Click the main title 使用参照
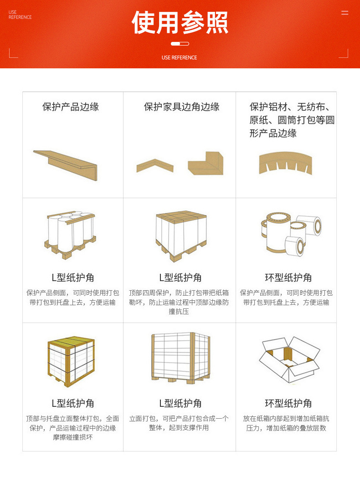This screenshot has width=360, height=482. (x=180, y=22)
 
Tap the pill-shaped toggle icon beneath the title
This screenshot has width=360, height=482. (x=180, y=44)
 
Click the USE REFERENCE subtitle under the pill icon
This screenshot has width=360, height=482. (x=180, y=57)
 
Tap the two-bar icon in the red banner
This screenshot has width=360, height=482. (x=345, y=13)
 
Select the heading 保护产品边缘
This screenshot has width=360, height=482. (x=71, y=107)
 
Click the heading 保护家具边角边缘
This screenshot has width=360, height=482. (x=181, y=107)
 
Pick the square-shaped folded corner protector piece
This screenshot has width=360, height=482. (x=206, y=163)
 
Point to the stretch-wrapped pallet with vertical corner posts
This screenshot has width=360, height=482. (x=180, y=358)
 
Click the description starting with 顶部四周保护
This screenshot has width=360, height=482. (x=179, y=302)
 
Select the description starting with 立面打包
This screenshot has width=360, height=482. (x=179, y=423)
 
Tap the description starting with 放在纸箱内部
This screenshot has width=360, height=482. (x=286, y=423)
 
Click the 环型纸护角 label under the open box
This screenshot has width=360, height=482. (x=288, y=403)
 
